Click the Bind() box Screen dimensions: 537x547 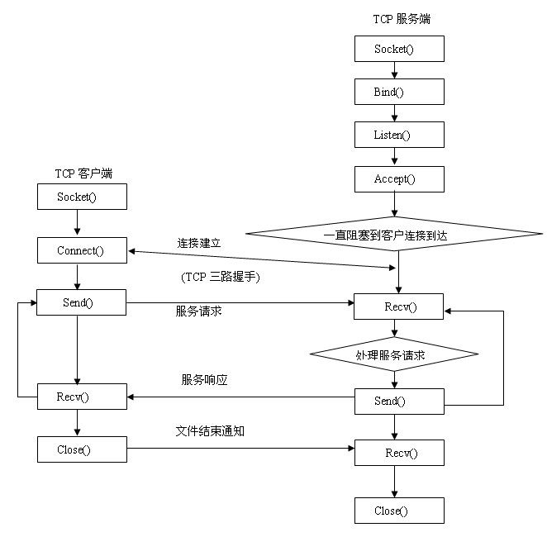click(399, 91)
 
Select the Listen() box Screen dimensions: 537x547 click(399, 134)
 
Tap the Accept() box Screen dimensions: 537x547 click(399, 178)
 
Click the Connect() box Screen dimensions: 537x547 click(82, 250)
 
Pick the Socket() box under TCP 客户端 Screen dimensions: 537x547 click(82, 197)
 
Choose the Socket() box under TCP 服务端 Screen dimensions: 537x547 click(399, 49)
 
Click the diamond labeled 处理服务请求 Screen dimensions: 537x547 click(394, 354)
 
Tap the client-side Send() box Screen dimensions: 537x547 click(82, 302)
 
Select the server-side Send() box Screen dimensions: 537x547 click(399, 401)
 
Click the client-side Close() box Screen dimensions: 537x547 click(82, 449)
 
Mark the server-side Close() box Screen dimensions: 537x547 click(399, 511)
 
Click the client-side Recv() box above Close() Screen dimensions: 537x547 click(82, 397)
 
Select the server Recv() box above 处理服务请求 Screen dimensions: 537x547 click(399, 307)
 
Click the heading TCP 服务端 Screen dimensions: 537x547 click(402, 18)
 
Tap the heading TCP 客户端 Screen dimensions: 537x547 click(83, 173)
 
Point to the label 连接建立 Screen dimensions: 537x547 click(199, 243)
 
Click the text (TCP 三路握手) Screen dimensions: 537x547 click(221, 278)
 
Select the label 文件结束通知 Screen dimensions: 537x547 click(210, 431)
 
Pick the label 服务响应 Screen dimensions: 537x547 click(204, 380)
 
